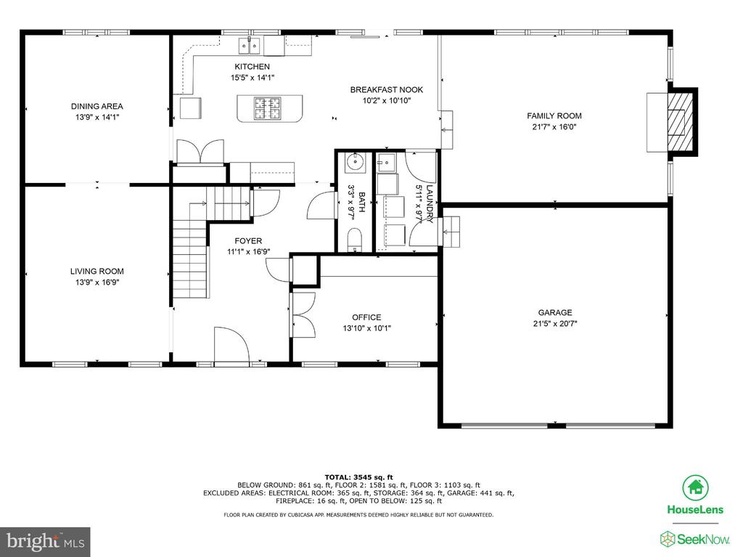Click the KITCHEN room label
click(x=252, y=67)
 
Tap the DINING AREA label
click(x=97, y=106)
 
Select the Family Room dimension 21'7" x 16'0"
click(x=554, y=126)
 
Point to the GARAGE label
click(x=555, y=313)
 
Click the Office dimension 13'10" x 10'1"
click(x=366, y=328)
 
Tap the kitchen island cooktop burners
click(x=267, y=108)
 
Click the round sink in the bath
click(x=355, y=161)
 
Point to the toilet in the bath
click(x=354, y=240)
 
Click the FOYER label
click(x=248, y=241)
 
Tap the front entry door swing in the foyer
click(x=231, y=344)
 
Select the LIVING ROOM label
click(x=97, y=272)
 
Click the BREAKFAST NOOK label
click(x=387, y=89)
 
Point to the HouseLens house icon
click(x=695, y=488)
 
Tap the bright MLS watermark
click(x=46, y=542)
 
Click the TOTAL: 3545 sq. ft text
click(x=358, y=477)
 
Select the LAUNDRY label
click(x=430, y=203)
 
